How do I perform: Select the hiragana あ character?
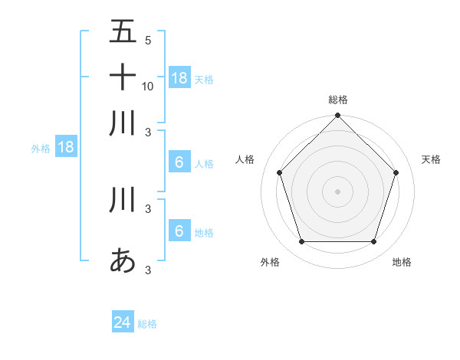[x=123, y=260]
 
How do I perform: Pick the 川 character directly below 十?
[x=123, y=123]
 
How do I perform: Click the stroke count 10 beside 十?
[x=148, y=86]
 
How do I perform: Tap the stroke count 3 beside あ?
[x=147, y=269]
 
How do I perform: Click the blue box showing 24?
[x=123, y=323]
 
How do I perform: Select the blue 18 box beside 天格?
[x=179, y=78]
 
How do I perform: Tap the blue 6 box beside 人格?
[x=179, y=162]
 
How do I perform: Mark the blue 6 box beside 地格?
[x=179, y=232]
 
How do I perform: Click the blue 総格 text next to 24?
[x=147, y=324]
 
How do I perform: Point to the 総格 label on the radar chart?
[x=338, y=100]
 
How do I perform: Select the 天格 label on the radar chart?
[x=431, y=159]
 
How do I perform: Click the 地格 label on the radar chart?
[x=402, y=262]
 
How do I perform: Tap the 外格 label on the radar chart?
[x=270, y=262]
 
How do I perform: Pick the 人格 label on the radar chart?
[x=245, y=159]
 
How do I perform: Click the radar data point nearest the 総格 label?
[x=337, y=116]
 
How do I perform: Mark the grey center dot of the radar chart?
[x=337, y=191]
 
